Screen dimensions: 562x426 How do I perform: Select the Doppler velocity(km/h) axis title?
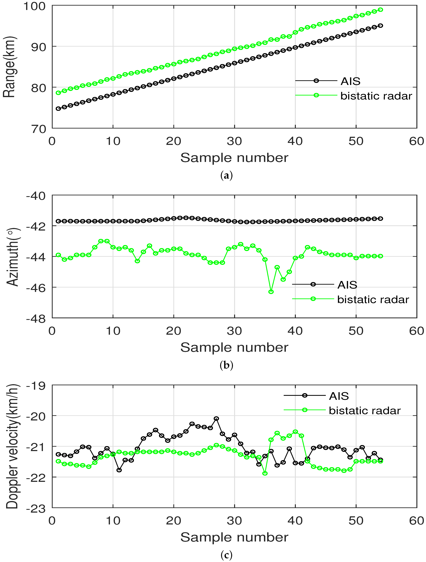[12, 446]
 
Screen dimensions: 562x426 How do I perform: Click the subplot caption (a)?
[226, 175]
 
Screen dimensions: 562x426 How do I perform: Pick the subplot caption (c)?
[226, 555]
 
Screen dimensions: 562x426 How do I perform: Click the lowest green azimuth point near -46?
[271, 292]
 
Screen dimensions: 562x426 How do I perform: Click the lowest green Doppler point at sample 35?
[265, 473]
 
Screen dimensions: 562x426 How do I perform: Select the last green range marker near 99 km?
[381, 10]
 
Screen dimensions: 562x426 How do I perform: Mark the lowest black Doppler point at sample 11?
[119, 470]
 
